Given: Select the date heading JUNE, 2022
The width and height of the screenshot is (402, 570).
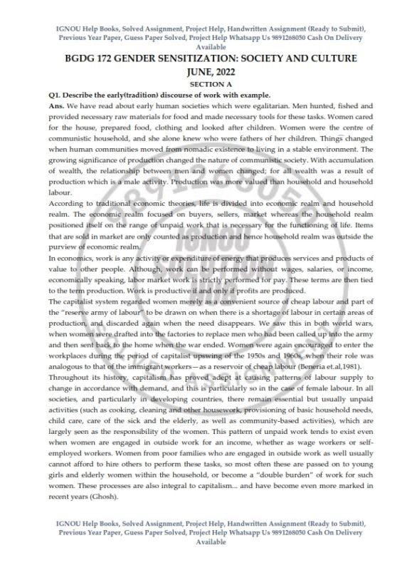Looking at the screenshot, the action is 201,72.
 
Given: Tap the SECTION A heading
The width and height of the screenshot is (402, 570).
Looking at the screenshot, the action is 201,84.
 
